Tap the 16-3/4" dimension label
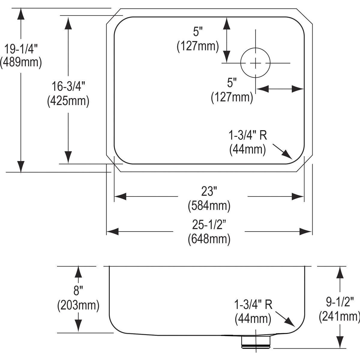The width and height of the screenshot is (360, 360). [68, 87]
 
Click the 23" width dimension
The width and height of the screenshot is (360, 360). [209, 191]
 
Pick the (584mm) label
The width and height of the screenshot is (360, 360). [209, 205]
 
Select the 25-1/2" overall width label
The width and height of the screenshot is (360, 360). [209, 224]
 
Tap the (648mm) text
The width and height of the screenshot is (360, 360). [209, 239]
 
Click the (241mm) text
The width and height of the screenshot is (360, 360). [339, 316]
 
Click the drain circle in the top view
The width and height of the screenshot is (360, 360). [256, 63]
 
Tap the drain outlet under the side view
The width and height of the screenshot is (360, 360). [256, 342]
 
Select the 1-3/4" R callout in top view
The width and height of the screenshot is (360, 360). [248, 136]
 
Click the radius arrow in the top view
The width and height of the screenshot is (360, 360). [282, 151]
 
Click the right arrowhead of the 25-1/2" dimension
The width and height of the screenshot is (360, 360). [306, 232]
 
